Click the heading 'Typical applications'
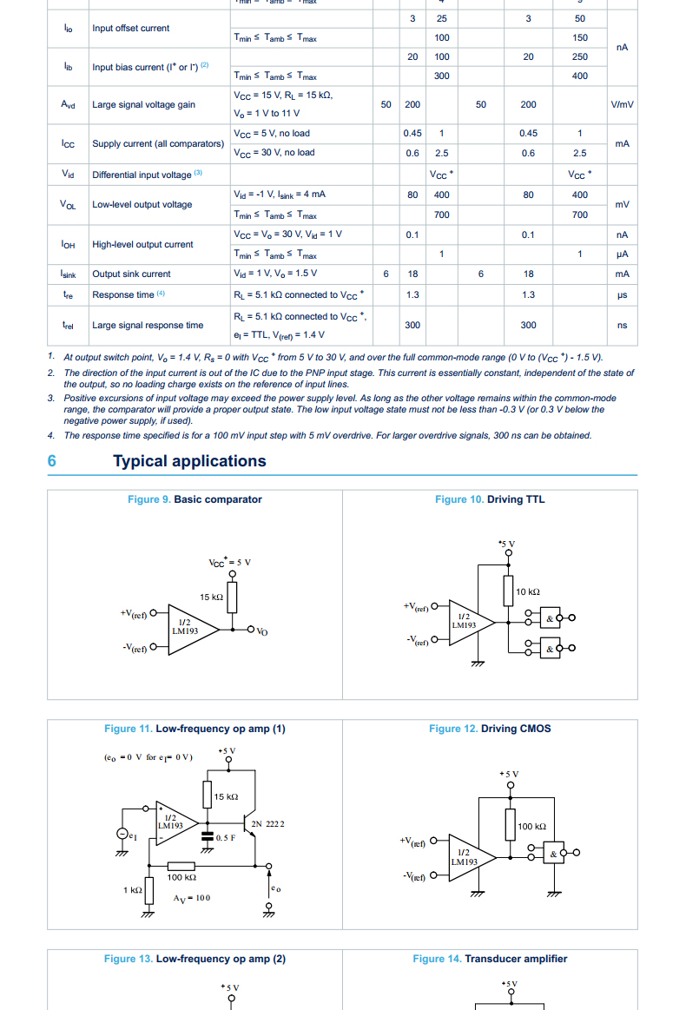[x=189, y=461]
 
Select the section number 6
[x=52, y=461]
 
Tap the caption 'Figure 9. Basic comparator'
[x=195, y=499]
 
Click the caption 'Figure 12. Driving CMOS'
[x=490, y=729]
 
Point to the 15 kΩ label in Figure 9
[x=211, y=597]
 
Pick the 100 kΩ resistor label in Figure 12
[x=531, y=827]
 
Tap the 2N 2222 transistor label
[x=267, y=823]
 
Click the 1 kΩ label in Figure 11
[x=132, y=890]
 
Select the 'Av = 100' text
[x=191, y=898]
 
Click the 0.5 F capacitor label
[x=227, y=837]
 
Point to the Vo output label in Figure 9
[x=262, y=631]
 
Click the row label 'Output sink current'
[x=131, y=274]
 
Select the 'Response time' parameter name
[x=123, y=295]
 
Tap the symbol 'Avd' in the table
[x=68, y=105]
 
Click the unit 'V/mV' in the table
[x=622, y=105]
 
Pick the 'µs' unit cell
[x=622, y=295]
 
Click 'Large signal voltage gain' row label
[x=143, y=105]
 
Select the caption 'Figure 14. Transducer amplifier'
[x=490, y=959]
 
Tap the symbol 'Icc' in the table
[x=68, y=143]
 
